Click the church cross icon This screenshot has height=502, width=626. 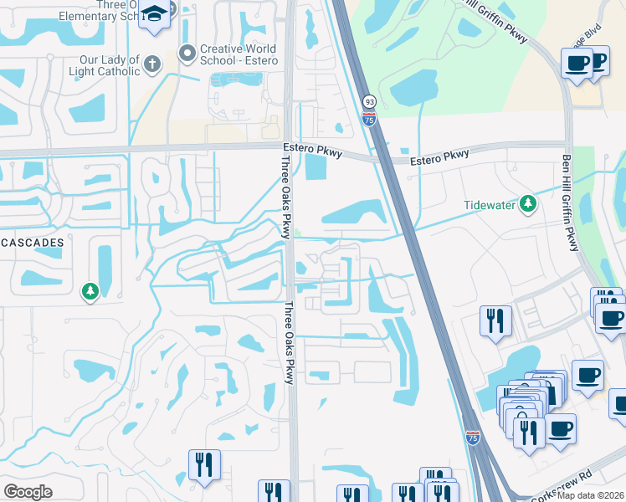[x=152, y=64]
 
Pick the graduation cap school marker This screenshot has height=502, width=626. [x=154, y=14]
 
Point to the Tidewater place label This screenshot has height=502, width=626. [x=490, y=204]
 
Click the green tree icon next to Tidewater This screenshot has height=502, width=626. [x=528, y=202]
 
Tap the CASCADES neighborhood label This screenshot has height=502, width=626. [x=32, y=242]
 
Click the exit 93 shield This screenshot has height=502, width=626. [x=369, y=101]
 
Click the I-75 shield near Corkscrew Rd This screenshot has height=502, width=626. [x=474, y=437]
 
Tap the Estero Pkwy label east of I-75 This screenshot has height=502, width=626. [x=440, y=157]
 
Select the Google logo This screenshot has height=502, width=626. [x=28, y=491]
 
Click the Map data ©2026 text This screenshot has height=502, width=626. [x=591, y=495]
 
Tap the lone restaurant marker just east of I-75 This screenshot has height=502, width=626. [x=495, y=320]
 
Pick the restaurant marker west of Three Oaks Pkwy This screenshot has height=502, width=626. [x=204, y=465]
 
